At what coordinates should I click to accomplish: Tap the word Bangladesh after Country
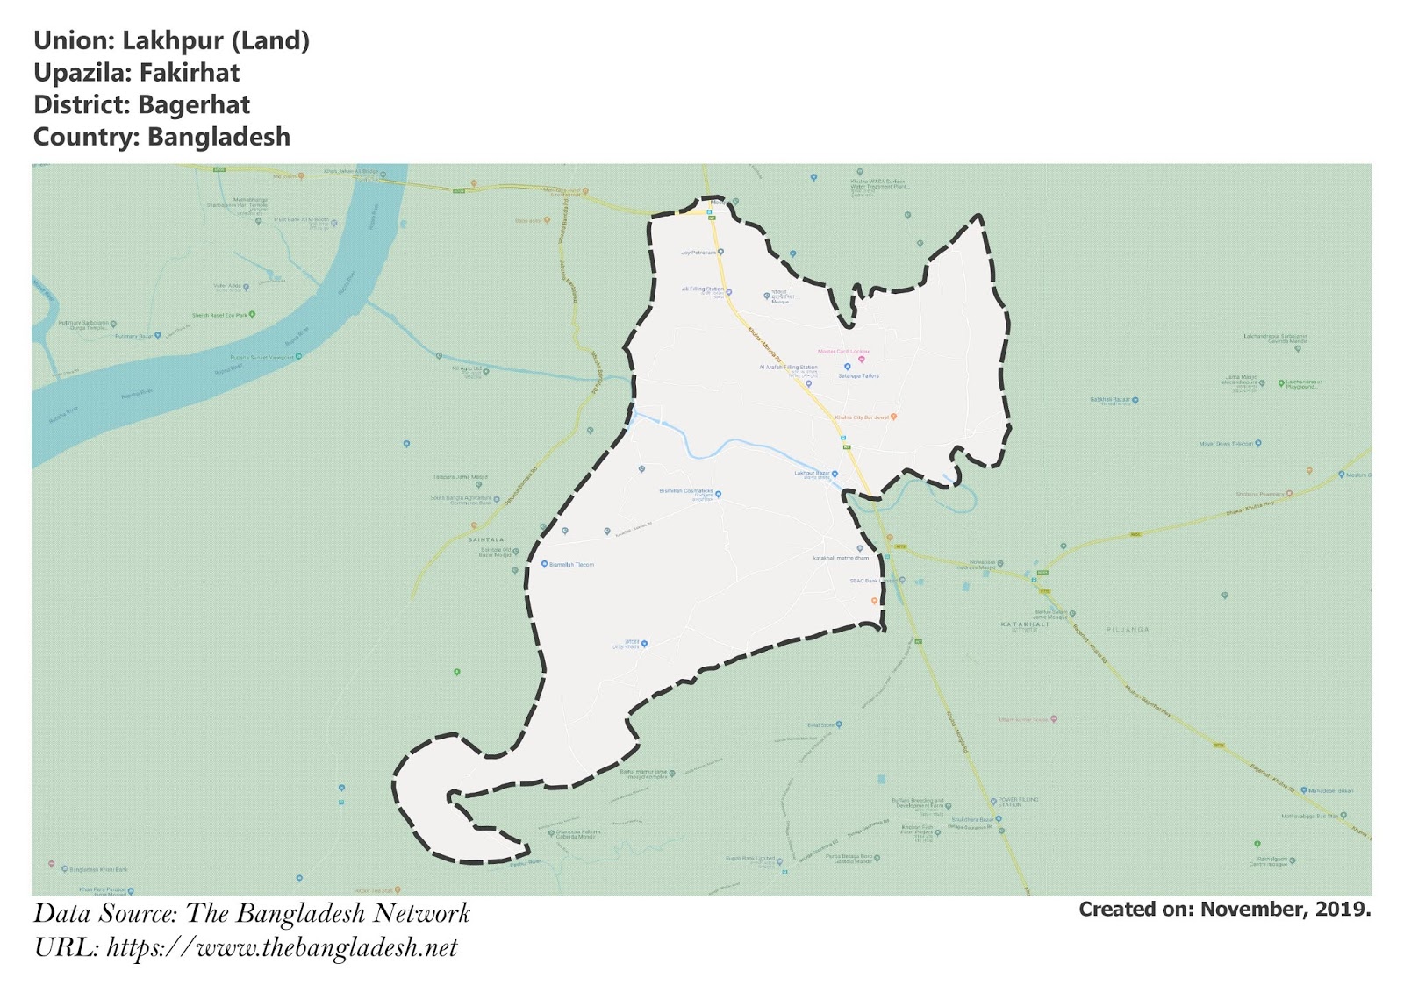click(x=218, y=137)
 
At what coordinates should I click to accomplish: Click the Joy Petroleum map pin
click(x=720, y=252)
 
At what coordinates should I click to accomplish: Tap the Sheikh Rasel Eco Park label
click(x=219, y=315)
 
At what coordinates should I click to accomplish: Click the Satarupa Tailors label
click(x=858, y=375)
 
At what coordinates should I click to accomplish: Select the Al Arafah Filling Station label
click(x=788, y=368)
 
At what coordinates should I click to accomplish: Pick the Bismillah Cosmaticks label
click(x=686, y=491)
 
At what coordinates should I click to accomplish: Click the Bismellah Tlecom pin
click(x=545, y=564)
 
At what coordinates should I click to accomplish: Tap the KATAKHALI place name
click(x=1025, y=624)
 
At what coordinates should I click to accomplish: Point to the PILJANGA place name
click(x=1128, y=629)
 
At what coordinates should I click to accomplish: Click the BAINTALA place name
click(x=486, y=539)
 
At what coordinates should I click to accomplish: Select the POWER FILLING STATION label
click(x=1018, y=802)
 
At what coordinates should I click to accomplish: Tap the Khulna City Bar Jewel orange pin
click(x=893, y=417)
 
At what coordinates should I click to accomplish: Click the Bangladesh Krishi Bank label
click(x=98, y=869)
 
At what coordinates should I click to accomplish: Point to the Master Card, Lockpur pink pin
click(x=861, y=359)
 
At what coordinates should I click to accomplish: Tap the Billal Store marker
click(x=839, y=724)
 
